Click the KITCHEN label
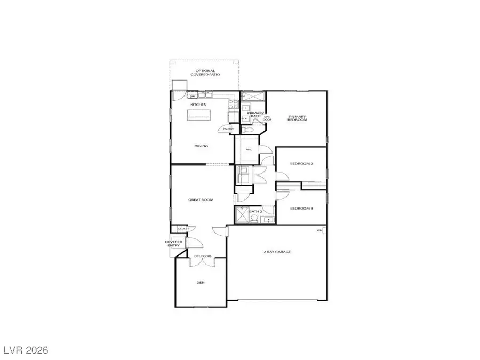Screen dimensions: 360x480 pyautogui.click(x=198, y=105)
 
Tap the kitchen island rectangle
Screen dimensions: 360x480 pyautogui.click(x=198, y=114)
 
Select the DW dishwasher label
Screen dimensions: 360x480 pyautogui.click(x=193, y=97)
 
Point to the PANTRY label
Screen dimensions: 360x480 pyautogui.click(x=228, y=129)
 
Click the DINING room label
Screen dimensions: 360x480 pyautogui.click(x=201, y=146)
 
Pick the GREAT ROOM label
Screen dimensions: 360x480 pyautogui.click(x=201, y=200)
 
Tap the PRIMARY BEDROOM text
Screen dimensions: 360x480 pyautogui.click(x=298, y=118)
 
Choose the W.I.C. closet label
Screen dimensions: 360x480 pyautogui.click(x=248, y=149)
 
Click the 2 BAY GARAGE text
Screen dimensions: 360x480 pyautogui.click(x=277, y=251)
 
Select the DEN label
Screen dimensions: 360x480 pyautogui.click(x=201, y=283)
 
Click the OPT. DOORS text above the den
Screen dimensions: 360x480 pyautogui.click(x=203, y=256)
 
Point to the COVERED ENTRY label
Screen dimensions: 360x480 pyautogui.click(x=174, y=244)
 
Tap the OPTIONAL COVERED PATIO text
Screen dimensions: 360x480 pyautogui.click(x=205, y=73)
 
